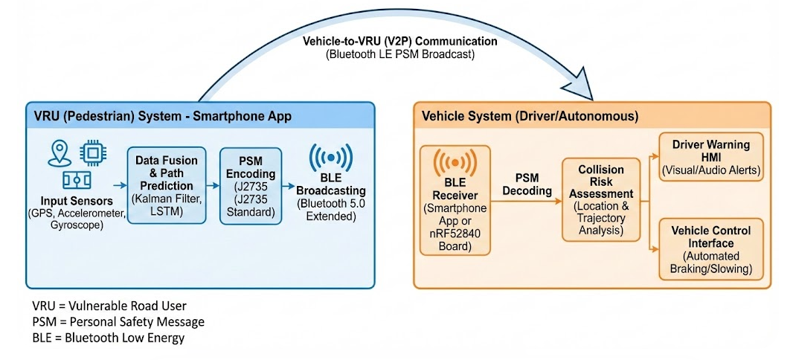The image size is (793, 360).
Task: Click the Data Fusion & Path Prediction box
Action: pos(167,184)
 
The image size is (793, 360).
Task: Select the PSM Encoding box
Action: pos(252,184)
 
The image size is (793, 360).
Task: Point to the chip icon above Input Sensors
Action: pos(91,152)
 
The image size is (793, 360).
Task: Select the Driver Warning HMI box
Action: pos(711,157)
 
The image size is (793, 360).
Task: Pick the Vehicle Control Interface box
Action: pos(711,248)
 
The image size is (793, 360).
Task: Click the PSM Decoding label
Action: pos(527,184)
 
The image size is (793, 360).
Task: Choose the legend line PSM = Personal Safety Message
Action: pos(118,321)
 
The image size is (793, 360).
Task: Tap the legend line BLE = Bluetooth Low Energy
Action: pos(108,337)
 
